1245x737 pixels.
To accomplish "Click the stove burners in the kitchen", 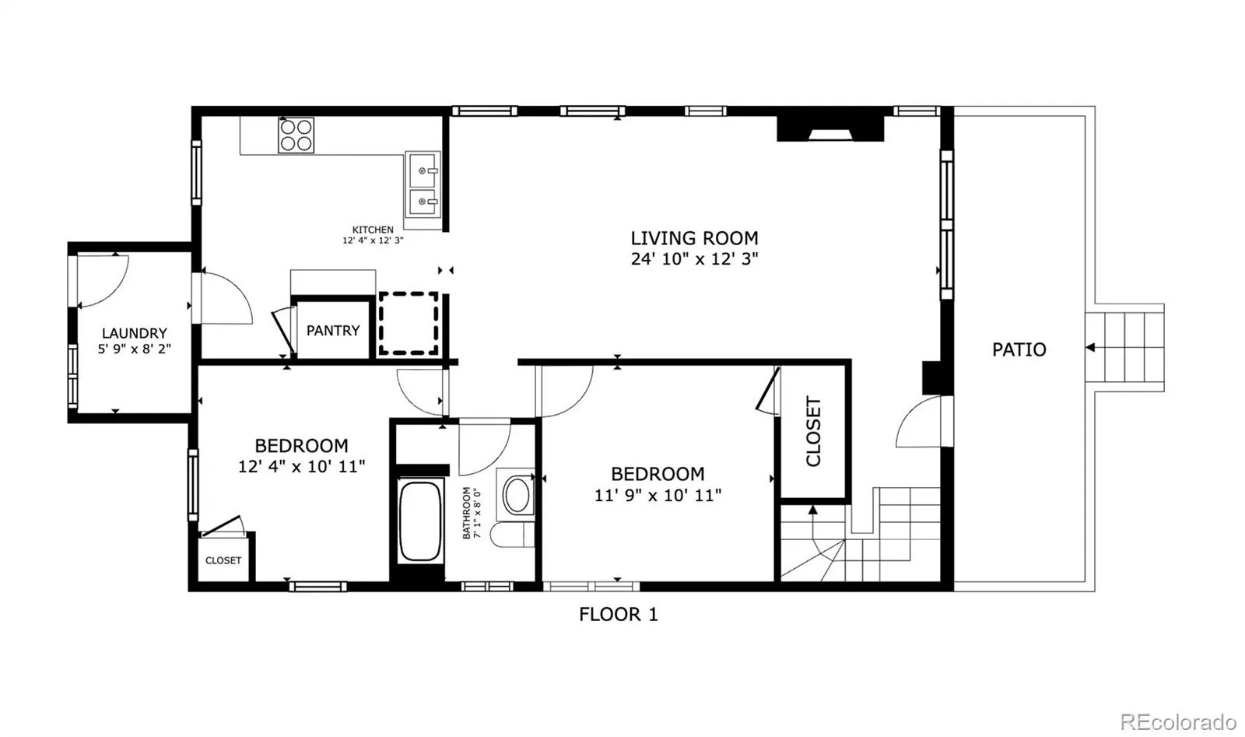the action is pos(296,135).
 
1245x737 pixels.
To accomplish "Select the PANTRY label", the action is pos(333,331).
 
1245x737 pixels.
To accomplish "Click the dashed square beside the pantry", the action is pos(409,324).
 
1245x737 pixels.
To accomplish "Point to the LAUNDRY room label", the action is pos(135,333).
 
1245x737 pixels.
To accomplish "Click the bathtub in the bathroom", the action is pos(420,521).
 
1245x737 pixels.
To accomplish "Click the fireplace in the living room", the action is pos(829,128).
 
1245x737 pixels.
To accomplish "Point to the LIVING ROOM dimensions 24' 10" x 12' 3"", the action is pos(694,259).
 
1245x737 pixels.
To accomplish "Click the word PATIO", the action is pos(1019,349).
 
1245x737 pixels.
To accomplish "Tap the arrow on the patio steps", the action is pos(1090,347).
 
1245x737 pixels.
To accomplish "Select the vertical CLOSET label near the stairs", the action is pos(813,431).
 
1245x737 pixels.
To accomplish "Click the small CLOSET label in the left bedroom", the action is pos(223,560).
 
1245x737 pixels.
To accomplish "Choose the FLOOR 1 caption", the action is pos(619,615).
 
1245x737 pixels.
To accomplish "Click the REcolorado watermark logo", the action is pos(1178,722).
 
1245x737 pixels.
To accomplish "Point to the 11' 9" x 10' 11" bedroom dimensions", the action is pos(658,495).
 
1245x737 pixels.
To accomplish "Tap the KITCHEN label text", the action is pos(373,230).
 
